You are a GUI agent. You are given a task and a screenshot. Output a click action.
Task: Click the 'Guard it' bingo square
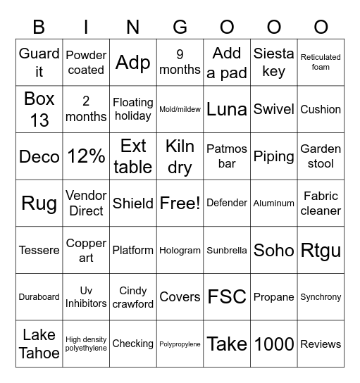pos(39,63)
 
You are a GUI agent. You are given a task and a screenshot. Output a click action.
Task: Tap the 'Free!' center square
pos(180,203)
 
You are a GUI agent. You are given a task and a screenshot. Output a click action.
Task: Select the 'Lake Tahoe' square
pos(39,344)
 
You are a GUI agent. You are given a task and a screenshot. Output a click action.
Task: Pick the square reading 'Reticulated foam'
pos(321,63)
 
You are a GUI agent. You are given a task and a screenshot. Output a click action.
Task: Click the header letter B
pos(39,27)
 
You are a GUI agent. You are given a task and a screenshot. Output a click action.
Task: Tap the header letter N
pos(133,27)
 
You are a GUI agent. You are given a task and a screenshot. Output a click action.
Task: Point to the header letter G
pos(180,27)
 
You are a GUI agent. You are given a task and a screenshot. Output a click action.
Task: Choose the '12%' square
pos(86,156)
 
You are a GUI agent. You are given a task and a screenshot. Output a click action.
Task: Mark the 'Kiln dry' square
pos(180,156)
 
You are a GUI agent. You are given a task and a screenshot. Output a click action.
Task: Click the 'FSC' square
pos(227,297)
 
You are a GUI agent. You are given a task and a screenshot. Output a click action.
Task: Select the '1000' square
pos(273,344)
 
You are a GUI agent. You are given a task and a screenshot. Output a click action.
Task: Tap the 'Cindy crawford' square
pos(133,297)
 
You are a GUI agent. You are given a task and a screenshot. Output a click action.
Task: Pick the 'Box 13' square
pos(39,109)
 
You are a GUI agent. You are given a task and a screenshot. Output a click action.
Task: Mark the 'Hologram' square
pos(180,250)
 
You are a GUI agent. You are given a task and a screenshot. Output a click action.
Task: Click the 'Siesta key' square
pos(273,63)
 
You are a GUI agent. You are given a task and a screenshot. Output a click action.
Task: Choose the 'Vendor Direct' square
pos(86,203)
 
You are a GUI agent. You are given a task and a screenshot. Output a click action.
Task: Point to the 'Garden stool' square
pos(321,156)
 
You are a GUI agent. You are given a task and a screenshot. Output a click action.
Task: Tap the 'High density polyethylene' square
pos(86,344)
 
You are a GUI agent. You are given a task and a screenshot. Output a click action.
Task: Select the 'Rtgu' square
pos(321,250)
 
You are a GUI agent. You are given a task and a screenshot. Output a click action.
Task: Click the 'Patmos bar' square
pos(227,156)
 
